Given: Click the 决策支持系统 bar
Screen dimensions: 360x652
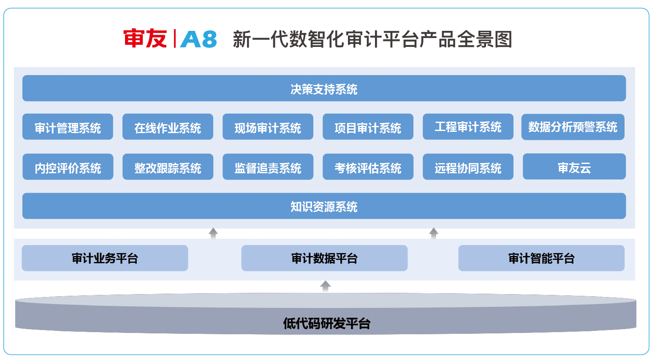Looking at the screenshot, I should click(x=324, y=89).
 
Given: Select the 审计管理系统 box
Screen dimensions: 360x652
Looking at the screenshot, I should click(x=68, y=127).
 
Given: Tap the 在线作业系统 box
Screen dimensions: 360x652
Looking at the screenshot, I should click(x=168, y=127).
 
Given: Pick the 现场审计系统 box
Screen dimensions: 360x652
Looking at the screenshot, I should click(x=268, y=127).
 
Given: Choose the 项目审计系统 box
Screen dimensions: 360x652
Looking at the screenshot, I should click(x=368, y=127).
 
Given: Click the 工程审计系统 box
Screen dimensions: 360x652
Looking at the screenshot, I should click(x=468, y=127).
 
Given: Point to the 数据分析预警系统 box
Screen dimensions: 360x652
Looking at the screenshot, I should click(x=573, y=127).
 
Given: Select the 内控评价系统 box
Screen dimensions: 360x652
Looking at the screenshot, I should click(x=68, y=167).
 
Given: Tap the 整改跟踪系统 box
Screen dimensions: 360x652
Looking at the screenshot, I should click(x=168, y=167).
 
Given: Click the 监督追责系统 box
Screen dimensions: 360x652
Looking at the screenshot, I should click(x=268, y=167).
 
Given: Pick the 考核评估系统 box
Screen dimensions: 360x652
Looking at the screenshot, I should click(x=368, y=167).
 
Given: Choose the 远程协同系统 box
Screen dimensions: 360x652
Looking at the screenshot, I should click(x=468, y=167).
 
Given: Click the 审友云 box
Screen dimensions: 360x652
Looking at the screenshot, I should click(x=574, y=167).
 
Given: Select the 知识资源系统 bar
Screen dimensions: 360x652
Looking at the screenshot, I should click(x=324, y=206).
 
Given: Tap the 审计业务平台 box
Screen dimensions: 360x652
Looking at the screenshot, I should click(x=105, y=258).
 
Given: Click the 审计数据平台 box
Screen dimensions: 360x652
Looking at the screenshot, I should click(x=324, y=258).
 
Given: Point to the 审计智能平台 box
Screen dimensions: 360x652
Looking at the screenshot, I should click(x=541, y=258).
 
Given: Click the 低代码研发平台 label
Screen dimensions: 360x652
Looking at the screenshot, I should click(x=326, y=323).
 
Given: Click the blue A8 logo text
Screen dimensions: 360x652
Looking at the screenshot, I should click(x=198, y=39).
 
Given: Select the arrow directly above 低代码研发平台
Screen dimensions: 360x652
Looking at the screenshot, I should click(x=325, y=286).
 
